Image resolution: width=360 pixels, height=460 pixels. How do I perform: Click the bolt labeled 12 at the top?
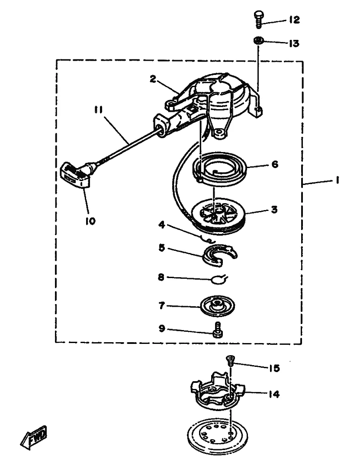click(x=259, y=19)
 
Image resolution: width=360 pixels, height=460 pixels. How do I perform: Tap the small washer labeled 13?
click(x=258, y=40)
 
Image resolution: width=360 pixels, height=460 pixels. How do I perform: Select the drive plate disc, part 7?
click(x=217, y=306)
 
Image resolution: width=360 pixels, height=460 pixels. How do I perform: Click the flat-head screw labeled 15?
click(x=230, y=360)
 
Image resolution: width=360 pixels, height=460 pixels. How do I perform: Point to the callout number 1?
click(x=338, y=180)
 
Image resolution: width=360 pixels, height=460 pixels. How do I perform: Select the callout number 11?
click(x=99, y=110)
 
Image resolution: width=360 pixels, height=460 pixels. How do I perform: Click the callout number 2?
click(x=153, y=79)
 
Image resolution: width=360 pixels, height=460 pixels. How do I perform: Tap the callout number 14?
click(x=274, y=394)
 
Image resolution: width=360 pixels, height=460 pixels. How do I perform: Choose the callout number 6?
click(x=275, y=164)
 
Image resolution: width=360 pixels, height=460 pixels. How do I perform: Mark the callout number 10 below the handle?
click(x=90, y=221)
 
